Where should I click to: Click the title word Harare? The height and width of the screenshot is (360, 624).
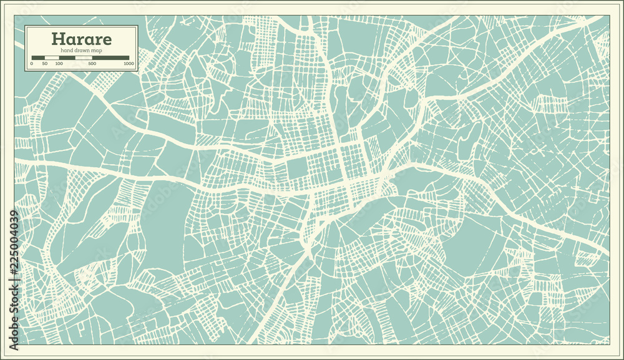82,39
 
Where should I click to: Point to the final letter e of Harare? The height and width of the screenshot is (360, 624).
107,40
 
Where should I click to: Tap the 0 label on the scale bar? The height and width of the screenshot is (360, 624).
31,64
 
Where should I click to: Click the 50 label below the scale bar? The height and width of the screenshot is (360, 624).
45,64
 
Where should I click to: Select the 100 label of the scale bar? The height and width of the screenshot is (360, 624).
59,64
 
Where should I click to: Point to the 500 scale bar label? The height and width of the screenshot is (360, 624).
92,64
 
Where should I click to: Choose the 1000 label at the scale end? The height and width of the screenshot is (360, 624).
129,64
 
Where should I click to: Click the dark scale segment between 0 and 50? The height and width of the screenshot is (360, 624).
38,58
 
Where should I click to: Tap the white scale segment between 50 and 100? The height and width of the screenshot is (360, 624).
52,58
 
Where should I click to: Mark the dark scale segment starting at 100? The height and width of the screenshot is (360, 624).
67,58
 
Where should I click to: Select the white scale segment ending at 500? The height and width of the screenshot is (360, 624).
84,58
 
